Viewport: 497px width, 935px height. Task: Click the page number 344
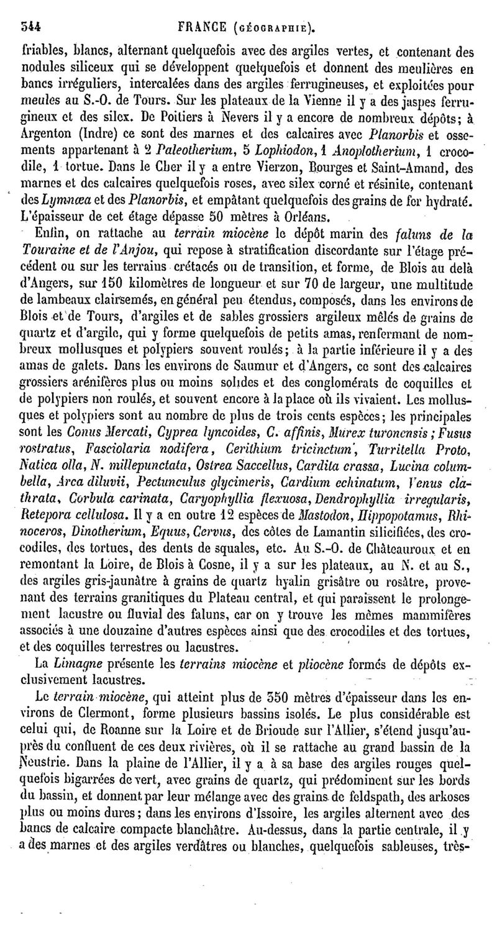pyautogui.click(x=31, y=27)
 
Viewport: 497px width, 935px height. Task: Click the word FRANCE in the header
pyautogui.click(x=202, y=27)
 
